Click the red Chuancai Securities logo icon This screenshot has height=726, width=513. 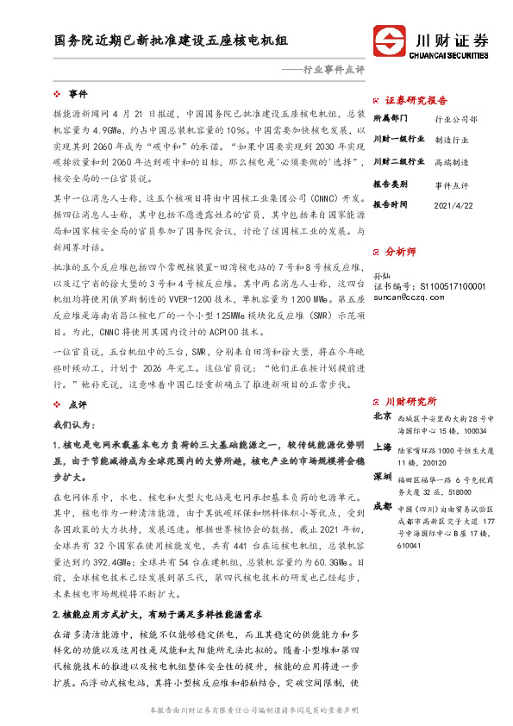[391, 41]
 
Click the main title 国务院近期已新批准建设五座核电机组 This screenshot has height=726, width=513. [171, 41]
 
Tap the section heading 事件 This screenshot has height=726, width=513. [78, 93]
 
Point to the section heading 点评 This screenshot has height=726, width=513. [78, 404]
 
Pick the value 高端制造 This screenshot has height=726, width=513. [452, 161]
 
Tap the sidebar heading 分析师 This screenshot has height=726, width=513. [400, 252]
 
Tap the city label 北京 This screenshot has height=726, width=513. [382, 416]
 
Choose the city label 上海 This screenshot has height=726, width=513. [382, 447]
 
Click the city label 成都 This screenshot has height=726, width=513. [382, 505]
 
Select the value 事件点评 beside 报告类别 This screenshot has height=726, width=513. [452, 185]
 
